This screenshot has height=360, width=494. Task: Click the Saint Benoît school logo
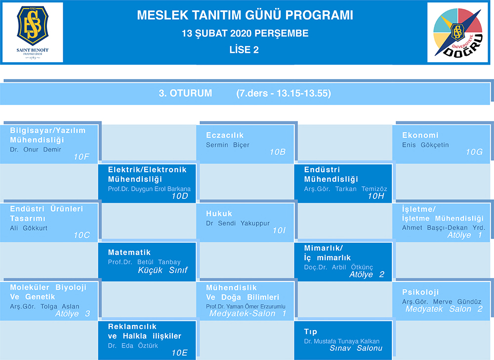coord(33,32)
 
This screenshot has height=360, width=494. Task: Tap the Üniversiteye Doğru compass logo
coord(458,33)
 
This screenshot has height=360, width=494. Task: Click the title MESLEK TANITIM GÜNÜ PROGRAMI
coord(245,15)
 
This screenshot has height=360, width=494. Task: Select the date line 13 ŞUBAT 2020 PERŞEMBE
coord(245,34)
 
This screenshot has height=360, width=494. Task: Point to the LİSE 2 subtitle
coord(244,50)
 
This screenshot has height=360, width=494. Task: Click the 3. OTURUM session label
coord(185,93)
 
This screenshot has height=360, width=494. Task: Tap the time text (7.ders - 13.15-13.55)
coord(284,93)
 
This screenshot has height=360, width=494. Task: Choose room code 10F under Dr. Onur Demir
coord(82,157)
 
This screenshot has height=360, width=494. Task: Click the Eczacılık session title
coord(225,135)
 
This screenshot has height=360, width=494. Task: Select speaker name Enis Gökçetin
coord(425,145)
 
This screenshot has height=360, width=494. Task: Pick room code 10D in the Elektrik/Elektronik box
coord(180,196)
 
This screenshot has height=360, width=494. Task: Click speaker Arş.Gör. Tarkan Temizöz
coord(346,189)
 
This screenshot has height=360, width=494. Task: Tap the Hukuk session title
coord(219,213)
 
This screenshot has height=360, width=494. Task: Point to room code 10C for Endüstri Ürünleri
coord(82,235)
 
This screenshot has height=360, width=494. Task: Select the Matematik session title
coord(129,252)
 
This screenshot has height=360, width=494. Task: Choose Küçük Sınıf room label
coord(163,270)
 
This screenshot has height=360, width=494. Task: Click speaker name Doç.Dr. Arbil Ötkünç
coord(338,267)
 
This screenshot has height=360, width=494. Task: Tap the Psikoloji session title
coord(420,292)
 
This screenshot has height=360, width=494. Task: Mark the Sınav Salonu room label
coord(356,348)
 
